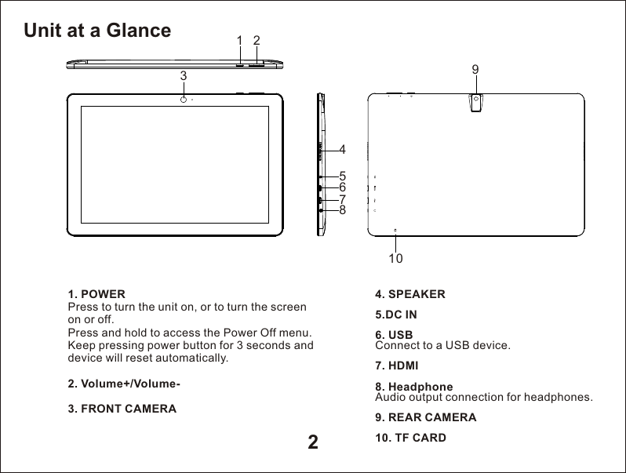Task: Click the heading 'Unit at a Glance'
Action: coord(97,31)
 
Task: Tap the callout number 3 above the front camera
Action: coord(183,76)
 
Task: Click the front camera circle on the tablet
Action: coord(183,100)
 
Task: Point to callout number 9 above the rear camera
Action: coord(475,70)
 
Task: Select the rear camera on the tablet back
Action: coord(476,100)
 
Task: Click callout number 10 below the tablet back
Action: coord(395,257)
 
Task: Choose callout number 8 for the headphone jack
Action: coord(343,210)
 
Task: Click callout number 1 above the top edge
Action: coord(239,40)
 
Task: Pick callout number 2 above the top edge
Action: coord(257,40)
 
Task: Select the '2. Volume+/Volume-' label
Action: coord(125,384)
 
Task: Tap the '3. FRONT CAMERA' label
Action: coord(122,409)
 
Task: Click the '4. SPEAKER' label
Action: coord(410,295)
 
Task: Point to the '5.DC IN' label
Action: coord(396,315)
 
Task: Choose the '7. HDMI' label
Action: coord(397,366)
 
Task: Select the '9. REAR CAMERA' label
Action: coord(426,417)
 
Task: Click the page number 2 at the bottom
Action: coord(312,442)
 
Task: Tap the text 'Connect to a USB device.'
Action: coord(443,345)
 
